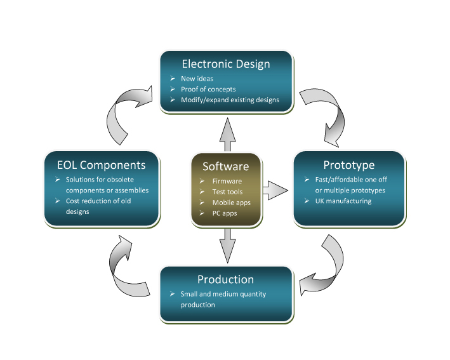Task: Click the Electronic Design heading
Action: click(x=226, y=64)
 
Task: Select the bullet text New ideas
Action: click(x=197, y=79)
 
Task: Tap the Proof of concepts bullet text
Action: click(x=208, y=90)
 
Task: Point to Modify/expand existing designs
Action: click(x=230, y=100)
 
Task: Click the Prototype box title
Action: click(x=349, y=165)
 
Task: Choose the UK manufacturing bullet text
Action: click(x=343, y=201)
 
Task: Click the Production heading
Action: click(x=225, y=279)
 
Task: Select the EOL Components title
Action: click(x=102, y=165)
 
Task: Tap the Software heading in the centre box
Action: click(x=225, y=166)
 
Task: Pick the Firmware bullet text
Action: click(x=227, y=181)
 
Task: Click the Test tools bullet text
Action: click(x=227, y=192)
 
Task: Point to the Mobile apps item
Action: click(x=231, y=203)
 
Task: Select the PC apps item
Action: click(x=225, y=213)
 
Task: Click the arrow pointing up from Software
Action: click(x=228, y=135)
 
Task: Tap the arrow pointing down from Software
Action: click(x=228, y=246)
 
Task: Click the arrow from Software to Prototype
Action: click(x=275, y=190)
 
